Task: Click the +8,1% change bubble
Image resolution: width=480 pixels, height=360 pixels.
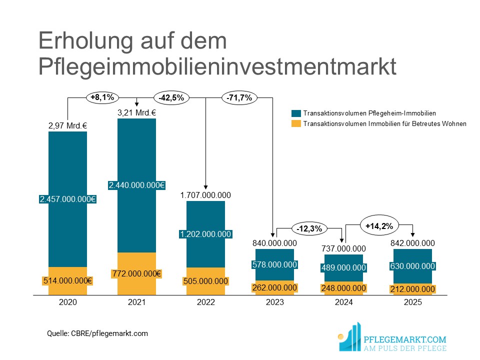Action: (102, 97)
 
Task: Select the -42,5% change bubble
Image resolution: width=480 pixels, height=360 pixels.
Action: (171, 97)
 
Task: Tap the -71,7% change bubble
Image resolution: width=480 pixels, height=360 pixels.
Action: (239, 97)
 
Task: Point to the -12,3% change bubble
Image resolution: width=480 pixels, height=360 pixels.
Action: (308, 228)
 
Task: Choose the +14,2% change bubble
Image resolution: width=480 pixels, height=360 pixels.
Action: (379, 226)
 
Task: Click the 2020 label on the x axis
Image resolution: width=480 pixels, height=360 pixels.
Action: (67, 302)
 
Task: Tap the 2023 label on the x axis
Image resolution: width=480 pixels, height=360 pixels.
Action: (274, 302)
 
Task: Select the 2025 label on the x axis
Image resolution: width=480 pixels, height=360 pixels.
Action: (412, 302)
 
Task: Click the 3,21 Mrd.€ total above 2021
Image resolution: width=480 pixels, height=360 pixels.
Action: (136, 112)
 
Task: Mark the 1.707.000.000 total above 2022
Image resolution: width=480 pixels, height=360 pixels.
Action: (205, 195)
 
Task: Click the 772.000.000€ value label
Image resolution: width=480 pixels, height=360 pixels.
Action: (136, 273)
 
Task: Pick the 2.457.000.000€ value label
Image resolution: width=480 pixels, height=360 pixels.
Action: (67, 199)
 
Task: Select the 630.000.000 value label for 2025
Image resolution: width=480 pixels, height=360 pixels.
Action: (412, 266)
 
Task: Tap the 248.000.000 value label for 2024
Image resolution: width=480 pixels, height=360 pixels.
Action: (343, 288)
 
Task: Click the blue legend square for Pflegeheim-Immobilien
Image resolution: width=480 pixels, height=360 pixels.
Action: (296, 113)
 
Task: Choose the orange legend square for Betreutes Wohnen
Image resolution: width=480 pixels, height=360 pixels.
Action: (296, 123)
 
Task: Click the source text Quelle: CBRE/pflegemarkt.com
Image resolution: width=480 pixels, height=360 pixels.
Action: (97, 333)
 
